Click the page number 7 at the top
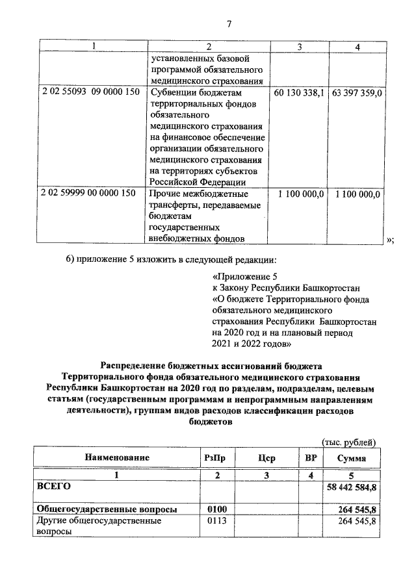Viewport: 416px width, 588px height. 229,25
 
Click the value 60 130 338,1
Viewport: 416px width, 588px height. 299,92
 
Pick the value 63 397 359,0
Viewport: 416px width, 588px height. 357,92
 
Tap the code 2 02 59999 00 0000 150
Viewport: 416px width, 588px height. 88,194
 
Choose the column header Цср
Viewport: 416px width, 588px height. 266,458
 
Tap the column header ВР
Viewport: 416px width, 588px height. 311,458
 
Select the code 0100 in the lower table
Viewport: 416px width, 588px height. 215,509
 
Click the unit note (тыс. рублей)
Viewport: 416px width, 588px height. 349,442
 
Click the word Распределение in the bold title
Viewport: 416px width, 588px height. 139,365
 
